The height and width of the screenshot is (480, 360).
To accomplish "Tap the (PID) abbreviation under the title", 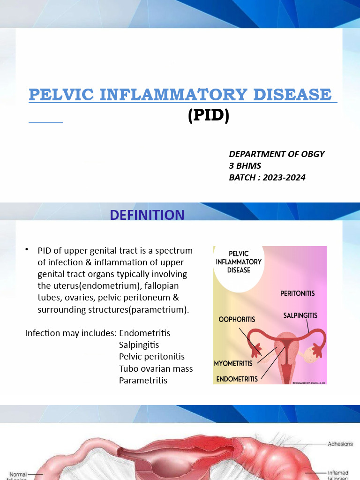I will coord(209,115).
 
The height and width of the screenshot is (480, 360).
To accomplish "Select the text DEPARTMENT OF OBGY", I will coord(277,154).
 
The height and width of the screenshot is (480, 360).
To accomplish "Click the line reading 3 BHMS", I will coord(245,165).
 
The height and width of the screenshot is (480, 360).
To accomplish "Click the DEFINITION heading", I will coord(147,215).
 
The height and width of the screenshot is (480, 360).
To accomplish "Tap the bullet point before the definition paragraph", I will coord(28,249).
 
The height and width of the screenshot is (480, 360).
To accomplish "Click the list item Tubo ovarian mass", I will coord(156,368).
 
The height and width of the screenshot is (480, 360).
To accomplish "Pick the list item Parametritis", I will coord(143,380).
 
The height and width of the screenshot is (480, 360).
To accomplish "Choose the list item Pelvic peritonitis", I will coord(152,357).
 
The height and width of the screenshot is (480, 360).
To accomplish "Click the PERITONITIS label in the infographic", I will coord(298,293).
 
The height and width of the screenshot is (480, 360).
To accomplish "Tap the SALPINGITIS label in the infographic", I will coord(300,315).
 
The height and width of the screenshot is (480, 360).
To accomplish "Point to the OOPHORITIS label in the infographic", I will coord(237,319).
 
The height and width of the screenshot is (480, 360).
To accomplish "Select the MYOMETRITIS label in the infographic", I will coord(233,363).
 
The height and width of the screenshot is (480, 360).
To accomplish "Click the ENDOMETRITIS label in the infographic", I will coord(237,379).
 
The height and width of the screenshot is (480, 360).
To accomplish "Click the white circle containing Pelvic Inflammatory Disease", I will coord(239,265).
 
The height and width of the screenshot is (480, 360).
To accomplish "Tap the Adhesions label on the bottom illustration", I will coord(340,443).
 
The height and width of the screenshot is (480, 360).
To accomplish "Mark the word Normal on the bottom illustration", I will coord(18,474).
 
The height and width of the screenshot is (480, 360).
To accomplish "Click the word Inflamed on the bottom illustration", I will coord(338,473).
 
